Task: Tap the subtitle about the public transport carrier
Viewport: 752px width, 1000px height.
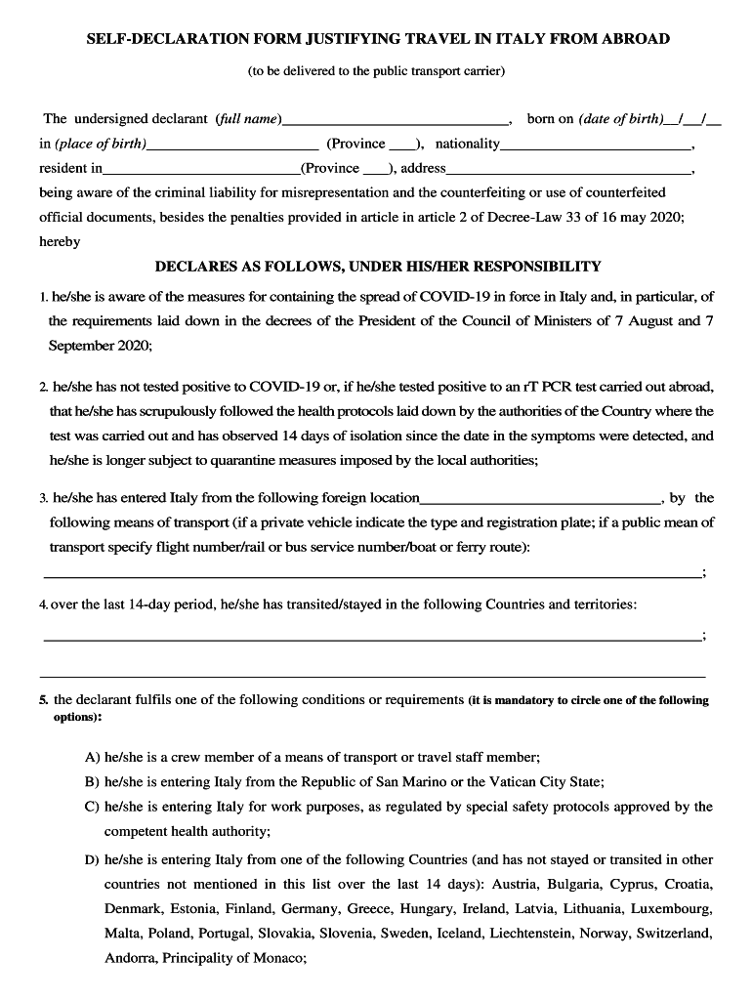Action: tap(376, 70)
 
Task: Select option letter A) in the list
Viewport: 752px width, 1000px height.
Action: tap(93, 757)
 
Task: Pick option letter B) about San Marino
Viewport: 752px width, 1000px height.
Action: tap(93, 781)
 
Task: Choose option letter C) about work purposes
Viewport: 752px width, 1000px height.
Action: tap(93, 807)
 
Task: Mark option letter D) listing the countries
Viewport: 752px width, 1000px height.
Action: tap(93, 860)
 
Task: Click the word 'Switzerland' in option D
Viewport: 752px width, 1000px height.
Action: tap(674, 934)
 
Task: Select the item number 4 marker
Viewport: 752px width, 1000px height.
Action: tap(44, 605)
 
